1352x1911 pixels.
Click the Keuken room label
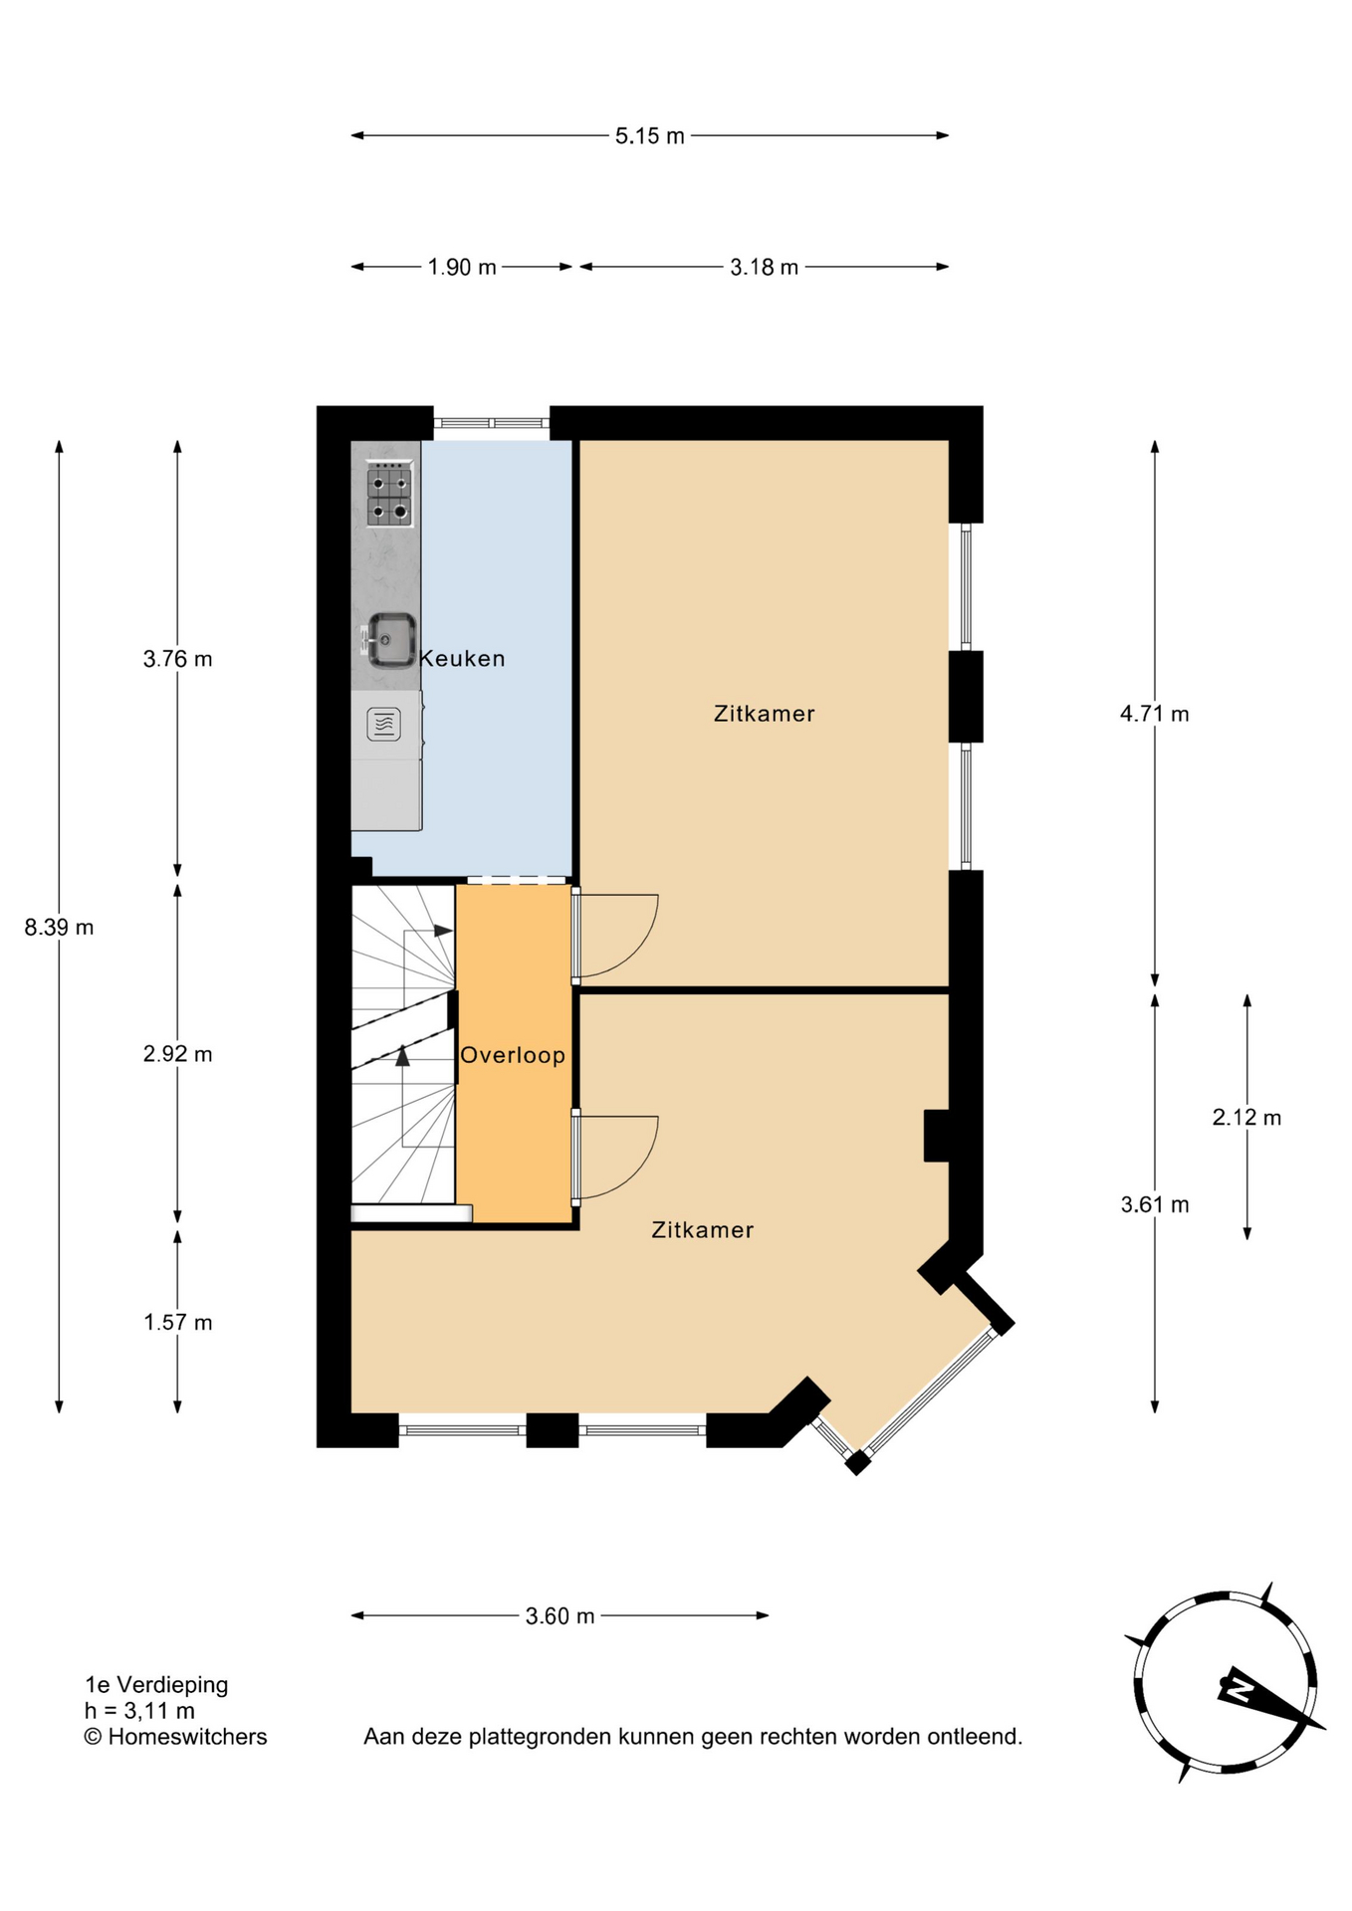pyautogui.click(x=462, y=659)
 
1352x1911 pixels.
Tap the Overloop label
pyautogui.click(x=513, y=1055)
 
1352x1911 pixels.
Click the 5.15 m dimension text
pyautogui.click(x=650, y=136)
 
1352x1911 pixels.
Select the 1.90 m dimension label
pyautogui.click(x=462, y=268)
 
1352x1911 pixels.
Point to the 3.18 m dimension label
pyautogui.click(x=765, y=268)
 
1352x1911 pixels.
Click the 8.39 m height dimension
pyautogui.click(x=60, y=928)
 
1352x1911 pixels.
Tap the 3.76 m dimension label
pyautogui.click(x=178, y=659)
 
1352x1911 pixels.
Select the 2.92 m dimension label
pyautogui.click(x=178, y=1054)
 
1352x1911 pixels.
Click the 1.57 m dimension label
pyautogui.click(x=178, y=1323)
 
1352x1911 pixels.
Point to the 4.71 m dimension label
pyautogui.click(x=1155, y=714)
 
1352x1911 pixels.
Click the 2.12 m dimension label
pyautogui.click(x=1246, y=1118)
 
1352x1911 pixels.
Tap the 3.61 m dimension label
pyautogui.click(x=1155, y=1205)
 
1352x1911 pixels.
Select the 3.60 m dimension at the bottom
pyautogui.click(x=561, y=1616)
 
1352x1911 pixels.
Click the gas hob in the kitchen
pyautogui.click(x=389, y=495)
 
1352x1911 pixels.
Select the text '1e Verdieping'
pyautogui.click(x=157, y=1685)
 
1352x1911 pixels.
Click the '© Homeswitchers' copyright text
pyautogui.click(x=176, y=1737)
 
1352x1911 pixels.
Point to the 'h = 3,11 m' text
pyautogui.click(x=140, y=1711)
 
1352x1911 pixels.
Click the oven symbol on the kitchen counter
pyautogui.click(x=384, y=725)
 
